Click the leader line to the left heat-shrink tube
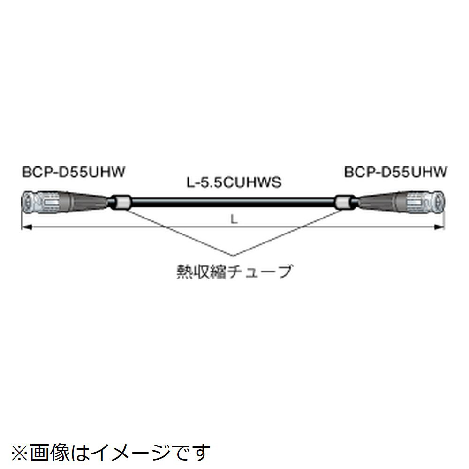178,232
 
